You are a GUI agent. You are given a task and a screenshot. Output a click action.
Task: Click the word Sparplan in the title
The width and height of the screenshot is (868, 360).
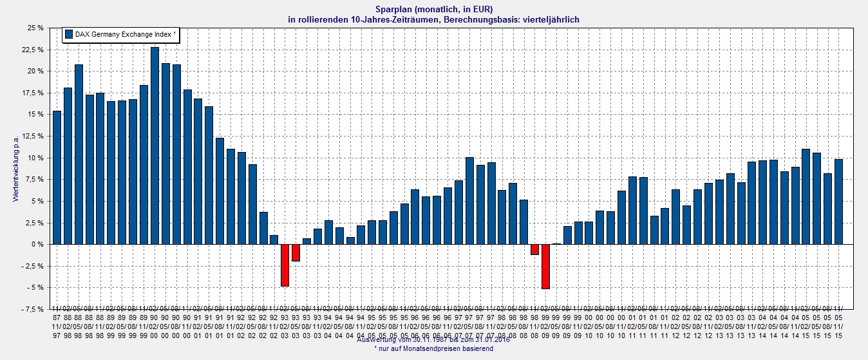pyautogui.click(x=395, y=9)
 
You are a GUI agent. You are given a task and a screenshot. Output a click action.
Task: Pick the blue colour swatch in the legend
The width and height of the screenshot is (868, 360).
pyautogui.click(x=68, y=34)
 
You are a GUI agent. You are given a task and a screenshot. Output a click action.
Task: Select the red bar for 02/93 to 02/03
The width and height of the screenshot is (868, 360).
pyautogui.click(x=285, y=265)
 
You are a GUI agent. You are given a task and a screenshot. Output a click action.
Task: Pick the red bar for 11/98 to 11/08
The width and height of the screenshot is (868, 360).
pyautogui.click(x=534, y=249)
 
